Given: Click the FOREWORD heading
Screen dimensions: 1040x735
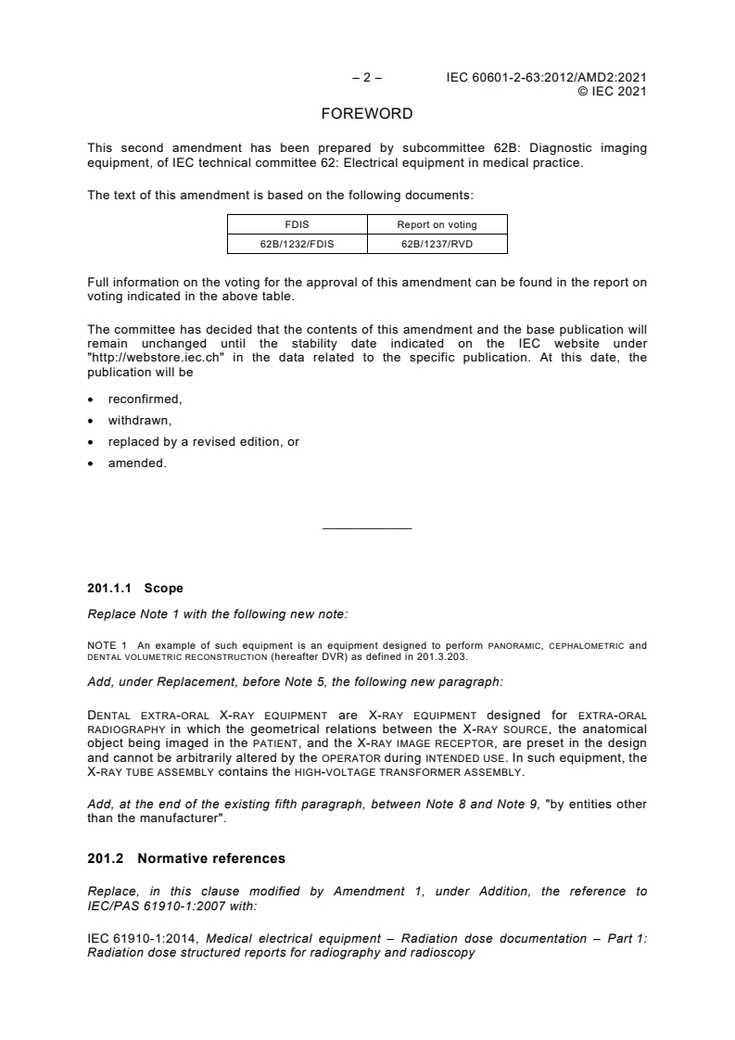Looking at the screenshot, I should tap(366, 115).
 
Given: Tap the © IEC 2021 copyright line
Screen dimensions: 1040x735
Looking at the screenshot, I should tap(612, 92).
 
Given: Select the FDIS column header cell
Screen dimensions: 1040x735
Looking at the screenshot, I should tap(298, 224).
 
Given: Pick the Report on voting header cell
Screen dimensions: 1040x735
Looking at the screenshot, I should tap(437, 224).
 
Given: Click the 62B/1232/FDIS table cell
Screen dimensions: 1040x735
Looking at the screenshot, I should tap(298, 244).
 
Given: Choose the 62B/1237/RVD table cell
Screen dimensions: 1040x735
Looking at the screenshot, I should tap(437, 244).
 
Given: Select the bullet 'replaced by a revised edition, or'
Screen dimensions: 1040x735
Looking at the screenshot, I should tap(203, 441).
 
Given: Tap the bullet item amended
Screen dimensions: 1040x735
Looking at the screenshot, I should tap(137, 463).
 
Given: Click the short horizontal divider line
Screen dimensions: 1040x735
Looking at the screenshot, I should tap(366, 528).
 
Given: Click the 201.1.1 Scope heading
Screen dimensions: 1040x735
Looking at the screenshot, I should tap(135, 589).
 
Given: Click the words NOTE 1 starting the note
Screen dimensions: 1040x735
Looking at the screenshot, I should tap(105, 641).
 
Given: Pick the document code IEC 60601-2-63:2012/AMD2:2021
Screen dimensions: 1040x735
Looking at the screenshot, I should tap(546, 79).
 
